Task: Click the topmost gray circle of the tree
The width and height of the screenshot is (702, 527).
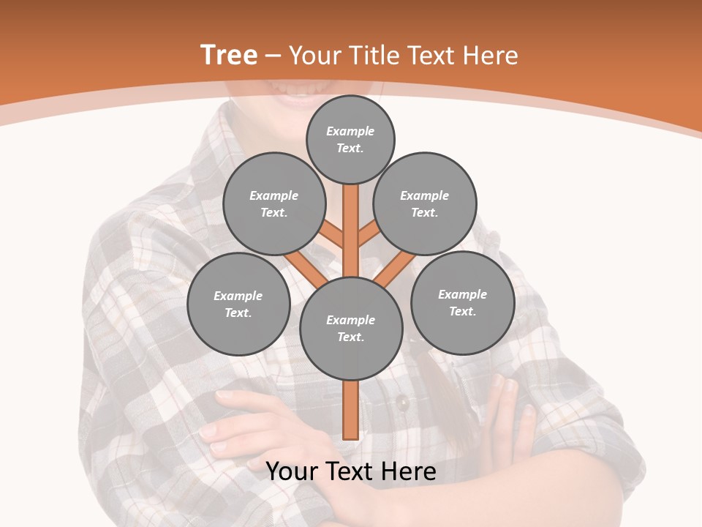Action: click(350, 139)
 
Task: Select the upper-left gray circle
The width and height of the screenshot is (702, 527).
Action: click(274, 203)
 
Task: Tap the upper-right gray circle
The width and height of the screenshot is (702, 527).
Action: click(425, 203)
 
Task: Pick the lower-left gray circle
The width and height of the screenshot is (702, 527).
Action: click(238, 304)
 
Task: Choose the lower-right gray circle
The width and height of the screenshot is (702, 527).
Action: click(462, 302)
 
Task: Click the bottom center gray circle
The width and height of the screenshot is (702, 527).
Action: click(351, 328)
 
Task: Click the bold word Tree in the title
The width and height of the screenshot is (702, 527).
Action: click(229, 55)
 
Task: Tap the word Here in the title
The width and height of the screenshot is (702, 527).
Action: click(491, 56)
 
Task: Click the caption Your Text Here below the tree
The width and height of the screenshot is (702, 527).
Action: click(351, 471)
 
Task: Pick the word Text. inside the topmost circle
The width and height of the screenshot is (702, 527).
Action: click(350, 148)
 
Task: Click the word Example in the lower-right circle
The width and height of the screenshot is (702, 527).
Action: click(462, 294)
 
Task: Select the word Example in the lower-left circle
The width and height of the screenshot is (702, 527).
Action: click(238, 296)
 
